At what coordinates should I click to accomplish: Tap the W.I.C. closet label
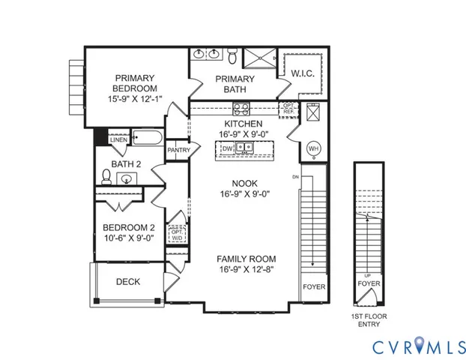[x=301, y=73]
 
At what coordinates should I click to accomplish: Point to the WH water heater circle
[x=314, y=147]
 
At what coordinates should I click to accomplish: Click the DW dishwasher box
[x=228, y=148]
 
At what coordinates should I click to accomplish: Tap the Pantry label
[x=178, y=150]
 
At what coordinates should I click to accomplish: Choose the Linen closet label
[x=118, y=140]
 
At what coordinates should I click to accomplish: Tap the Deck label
[x=128, y=282]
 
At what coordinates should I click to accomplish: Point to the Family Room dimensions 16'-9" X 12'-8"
[x=244, y=269]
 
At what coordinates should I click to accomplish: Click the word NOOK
[x=244, y=182]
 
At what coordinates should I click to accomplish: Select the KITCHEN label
[x=244, y=124]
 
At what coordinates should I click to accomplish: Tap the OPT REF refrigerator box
[x=288, y=110]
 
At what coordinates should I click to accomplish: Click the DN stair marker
[x=296, y=177]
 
